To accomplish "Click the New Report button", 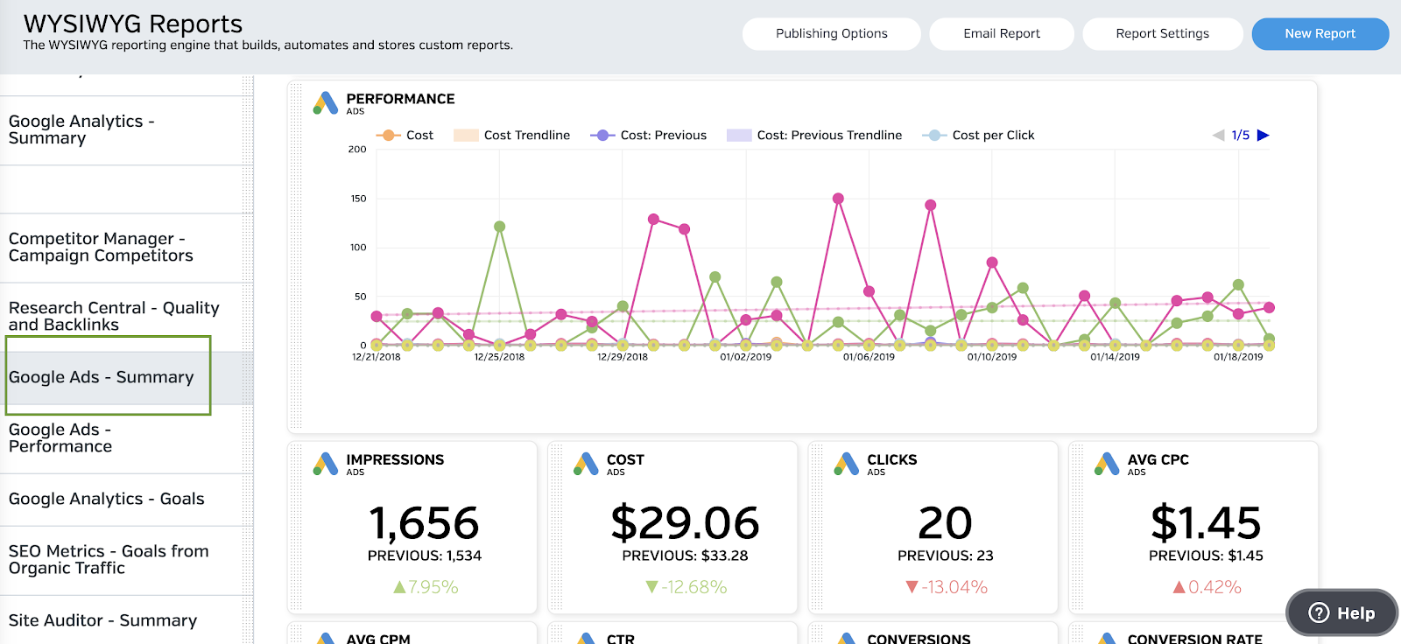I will click(x=1320, y=34).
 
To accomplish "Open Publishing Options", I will click(x=831, y=34).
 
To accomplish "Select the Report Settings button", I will click(x=1162, y=34).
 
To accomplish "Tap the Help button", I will click(x=1341, y=613).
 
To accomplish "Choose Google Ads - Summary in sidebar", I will click(x=102, y=377).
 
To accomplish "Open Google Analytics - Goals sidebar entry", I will click(x=107, y=499).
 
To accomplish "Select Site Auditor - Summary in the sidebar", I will click(x=103, y=620).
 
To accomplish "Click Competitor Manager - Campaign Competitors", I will click(x=101, y=247).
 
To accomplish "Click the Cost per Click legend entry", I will click(x=992, y=135).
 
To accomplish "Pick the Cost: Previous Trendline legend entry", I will click(x=828, y=135).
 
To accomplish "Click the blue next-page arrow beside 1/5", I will click(x=1263, y=135).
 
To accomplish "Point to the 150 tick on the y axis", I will click(x=358, y=199).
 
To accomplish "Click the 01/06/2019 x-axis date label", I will click(x=869, y=357).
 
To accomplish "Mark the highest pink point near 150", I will click(x=838, y=199).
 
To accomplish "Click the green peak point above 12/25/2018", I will click(x=499, y=227).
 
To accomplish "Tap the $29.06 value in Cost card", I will click(x=685, y=522).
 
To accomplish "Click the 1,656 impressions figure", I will click(x=424, y=522).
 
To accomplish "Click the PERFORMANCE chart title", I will click(x=400, y=99).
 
